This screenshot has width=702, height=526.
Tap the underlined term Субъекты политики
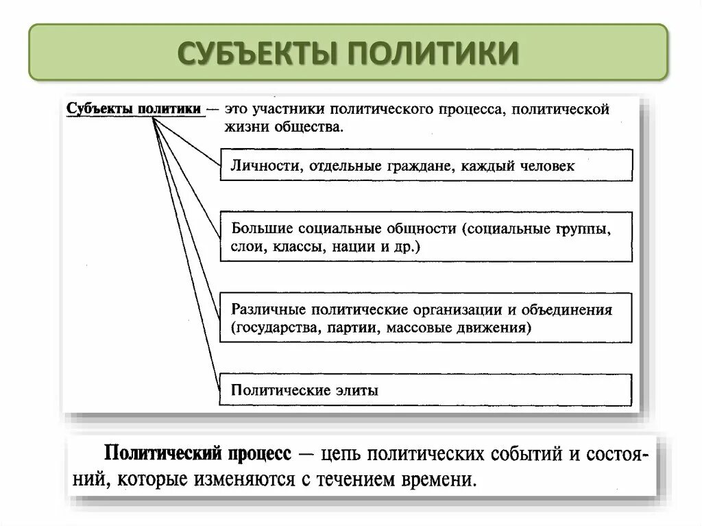point(134,110)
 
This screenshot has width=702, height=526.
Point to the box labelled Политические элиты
point(425,390)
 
